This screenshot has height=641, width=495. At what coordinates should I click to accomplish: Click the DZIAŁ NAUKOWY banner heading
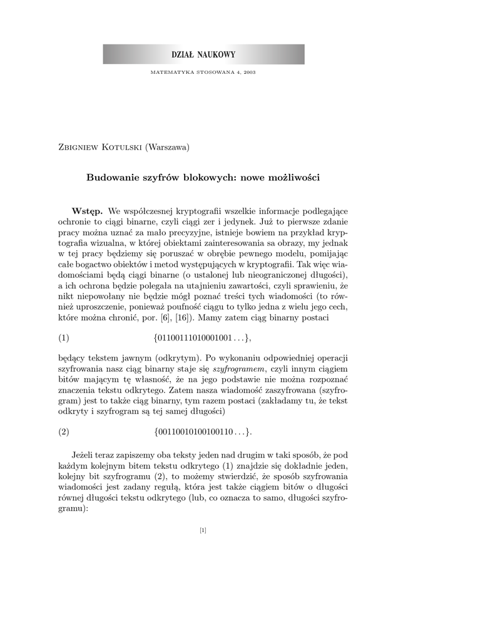click(x=203, y=54)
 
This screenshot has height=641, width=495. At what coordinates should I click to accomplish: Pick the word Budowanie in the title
click(x=111, y=178)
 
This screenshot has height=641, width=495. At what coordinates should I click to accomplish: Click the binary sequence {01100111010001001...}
click(x=202, y=338)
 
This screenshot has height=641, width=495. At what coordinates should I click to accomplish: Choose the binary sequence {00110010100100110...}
click(x=202, y=431)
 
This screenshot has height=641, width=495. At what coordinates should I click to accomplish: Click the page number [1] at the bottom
click(x=203, y=531)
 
